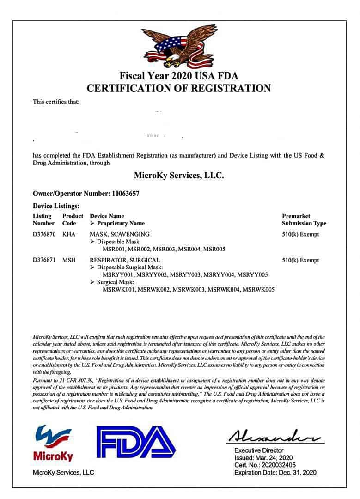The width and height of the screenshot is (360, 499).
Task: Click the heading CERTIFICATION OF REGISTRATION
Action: point(179,88)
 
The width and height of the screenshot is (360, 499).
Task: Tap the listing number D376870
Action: point(44,234)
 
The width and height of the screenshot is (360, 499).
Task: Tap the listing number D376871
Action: point(44,260)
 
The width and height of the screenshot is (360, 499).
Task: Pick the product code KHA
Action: point(69,234)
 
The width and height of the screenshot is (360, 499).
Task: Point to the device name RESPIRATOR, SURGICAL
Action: point(125,260)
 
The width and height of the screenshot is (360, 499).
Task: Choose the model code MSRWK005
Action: point(258,290)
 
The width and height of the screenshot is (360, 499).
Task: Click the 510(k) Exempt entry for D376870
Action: point(300,234)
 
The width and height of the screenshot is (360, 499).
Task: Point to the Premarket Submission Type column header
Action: point(304,219)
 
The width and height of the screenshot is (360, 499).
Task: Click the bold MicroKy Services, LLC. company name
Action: point(179,176)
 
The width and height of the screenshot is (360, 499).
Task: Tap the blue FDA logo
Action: point(136,443)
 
